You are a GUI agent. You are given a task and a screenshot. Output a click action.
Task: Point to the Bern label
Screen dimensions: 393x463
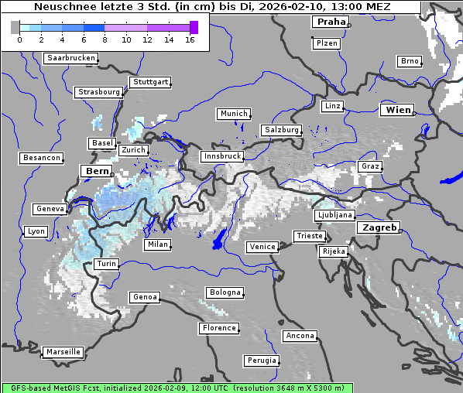point(97,171)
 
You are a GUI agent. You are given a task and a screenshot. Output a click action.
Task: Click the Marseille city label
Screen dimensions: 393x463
point(63,352)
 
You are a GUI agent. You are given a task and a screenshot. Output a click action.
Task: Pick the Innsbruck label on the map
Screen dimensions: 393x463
point(221,156)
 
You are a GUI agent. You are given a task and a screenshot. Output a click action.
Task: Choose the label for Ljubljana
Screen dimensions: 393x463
point(334,215)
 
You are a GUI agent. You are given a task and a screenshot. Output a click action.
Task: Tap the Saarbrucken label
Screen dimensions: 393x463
point(71,58)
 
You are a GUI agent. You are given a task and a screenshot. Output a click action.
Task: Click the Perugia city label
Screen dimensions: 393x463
point(262,361)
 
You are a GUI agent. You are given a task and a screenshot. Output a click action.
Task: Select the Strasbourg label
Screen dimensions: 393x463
point(99,92)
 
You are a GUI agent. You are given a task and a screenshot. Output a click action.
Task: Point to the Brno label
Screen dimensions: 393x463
point(410,61)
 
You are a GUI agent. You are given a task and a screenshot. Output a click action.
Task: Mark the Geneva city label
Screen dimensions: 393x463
point(50,209)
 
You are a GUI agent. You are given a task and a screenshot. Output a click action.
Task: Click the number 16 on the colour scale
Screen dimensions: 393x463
point(190,39)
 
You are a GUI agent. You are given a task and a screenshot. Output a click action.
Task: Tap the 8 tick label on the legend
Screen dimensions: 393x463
point(105,39)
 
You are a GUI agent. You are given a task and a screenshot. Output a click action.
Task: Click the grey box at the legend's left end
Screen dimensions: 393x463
point(15,27)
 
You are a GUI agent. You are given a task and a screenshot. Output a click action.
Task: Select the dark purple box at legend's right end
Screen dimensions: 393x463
point(194,27)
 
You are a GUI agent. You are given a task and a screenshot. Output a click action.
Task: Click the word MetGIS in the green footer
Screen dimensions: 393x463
point(67,388)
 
